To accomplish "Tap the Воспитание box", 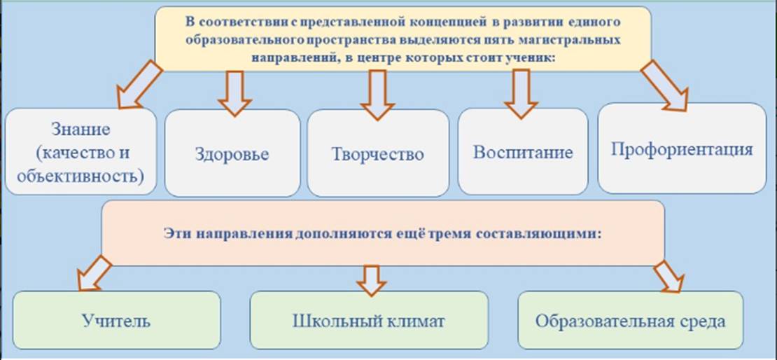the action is click(x=523, y=151).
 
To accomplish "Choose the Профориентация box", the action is click(x=682, y=148).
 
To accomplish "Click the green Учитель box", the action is click(x=116, y=320).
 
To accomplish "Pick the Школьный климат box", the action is click(x=369, y=320).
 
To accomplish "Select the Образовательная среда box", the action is click(x=630, y=320).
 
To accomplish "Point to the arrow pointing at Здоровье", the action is click(x=235, y=94).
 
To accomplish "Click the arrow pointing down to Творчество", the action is click(x=377, y=95).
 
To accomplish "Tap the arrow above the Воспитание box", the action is click(x=521, y=94).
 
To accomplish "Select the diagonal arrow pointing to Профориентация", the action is click(x=664, y=85).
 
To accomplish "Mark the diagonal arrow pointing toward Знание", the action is click(x=139, y=84).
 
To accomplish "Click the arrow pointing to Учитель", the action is click(x=94, y=273).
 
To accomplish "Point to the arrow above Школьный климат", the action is click(x=371, y=280).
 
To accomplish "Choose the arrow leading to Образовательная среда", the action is click(x=669, y=276).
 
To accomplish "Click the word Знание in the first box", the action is click(x=80, y=130).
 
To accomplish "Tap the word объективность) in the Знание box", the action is click(x=80, y=175).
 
